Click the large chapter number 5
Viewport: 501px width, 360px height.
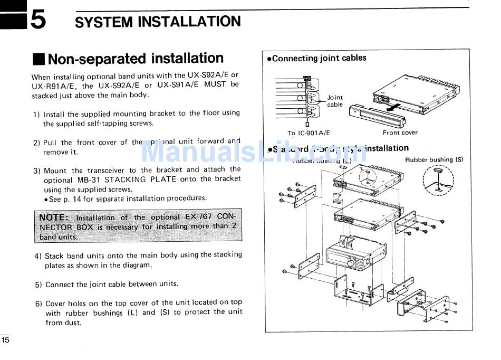point(38,20)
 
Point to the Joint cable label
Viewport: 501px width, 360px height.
point(334,101)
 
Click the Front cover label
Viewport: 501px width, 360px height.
point(400,132)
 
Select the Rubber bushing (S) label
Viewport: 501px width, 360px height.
point(433,159)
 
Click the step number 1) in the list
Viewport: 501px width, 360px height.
point(36,114)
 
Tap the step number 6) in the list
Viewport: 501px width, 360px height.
point(38,304)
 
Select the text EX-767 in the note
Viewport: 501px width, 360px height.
point(197,217)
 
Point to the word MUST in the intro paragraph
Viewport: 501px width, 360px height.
point(215,84)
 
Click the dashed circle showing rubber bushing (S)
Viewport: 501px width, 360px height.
point(438,179)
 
